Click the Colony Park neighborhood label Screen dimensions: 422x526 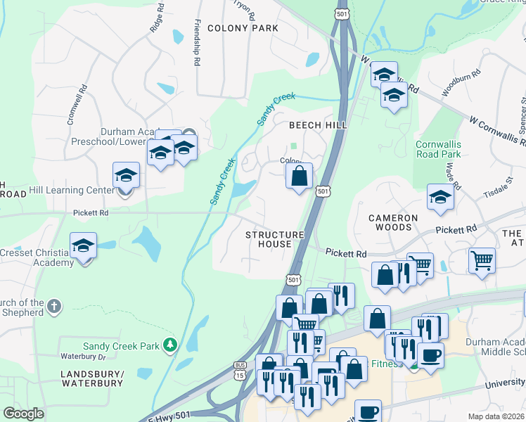[243, 29]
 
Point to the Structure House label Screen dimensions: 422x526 [274, 239]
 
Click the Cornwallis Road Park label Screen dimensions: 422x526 [438, 148]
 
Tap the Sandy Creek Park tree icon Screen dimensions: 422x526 [169, 345]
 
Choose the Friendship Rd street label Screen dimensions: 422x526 [197, 42]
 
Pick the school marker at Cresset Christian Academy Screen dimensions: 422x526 [84, 248]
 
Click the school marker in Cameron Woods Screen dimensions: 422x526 [440, 198]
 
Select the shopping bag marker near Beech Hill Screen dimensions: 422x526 [300, 176]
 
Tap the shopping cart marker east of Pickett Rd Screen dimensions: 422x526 [482, 261]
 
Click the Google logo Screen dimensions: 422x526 [23, 414]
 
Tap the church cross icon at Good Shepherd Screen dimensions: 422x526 [55, 306]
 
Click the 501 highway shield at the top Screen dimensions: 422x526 [342, 14]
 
